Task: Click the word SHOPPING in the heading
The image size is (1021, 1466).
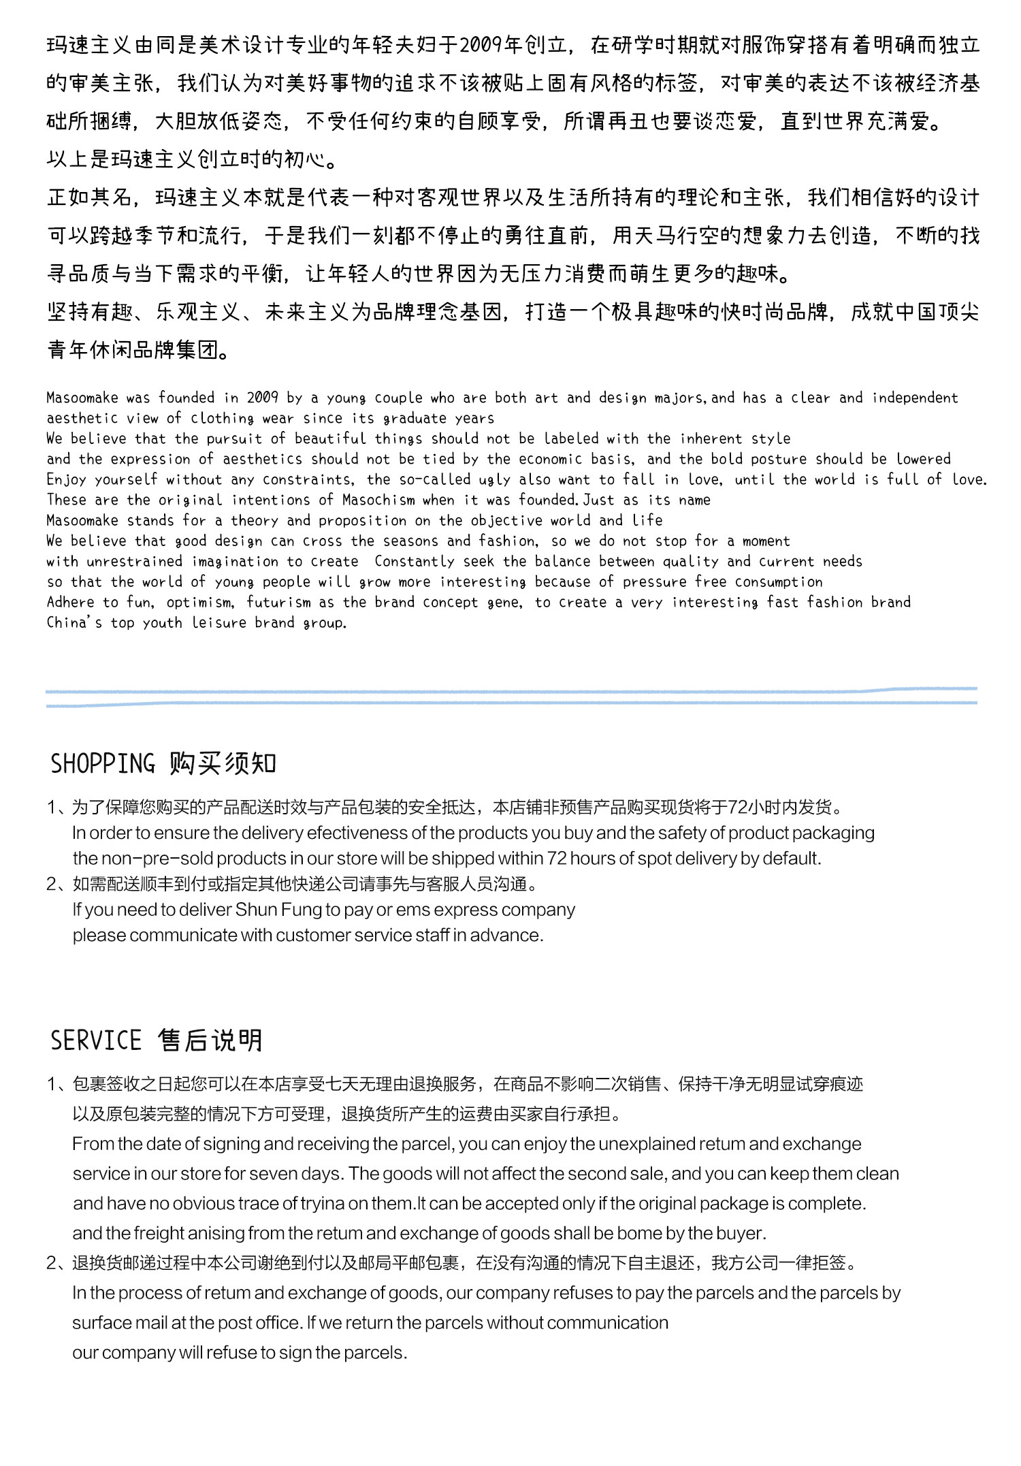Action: pyautogui.click(x=103, y=763)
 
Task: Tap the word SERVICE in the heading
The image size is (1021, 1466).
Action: pyautogui.click(x=96, y=1040)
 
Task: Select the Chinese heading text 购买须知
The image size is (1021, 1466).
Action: pyautogui.click(x=223, y=763)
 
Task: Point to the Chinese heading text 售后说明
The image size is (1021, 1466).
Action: pyautogui.click(x=210, y=1040)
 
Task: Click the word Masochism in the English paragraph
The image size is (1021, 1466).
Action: pyautogui.click(x=378, y=500)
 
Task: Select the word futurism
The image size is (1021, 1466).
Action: pyautogui.click(x=278, y=602)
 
